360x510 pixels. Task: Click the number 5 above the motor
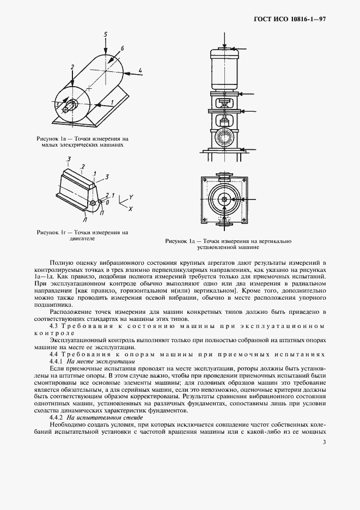click(106, 35)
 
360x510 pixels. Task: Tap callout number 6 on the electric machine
click(123, 49)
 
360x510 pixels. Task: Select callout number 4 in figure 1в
click(140, 70)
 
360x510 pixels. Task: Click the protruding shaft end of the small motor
click(66, 109)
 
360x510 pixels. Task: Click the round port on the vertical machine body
click(224, 134)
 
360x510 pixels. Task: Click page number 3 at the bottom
click(324, 442)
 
